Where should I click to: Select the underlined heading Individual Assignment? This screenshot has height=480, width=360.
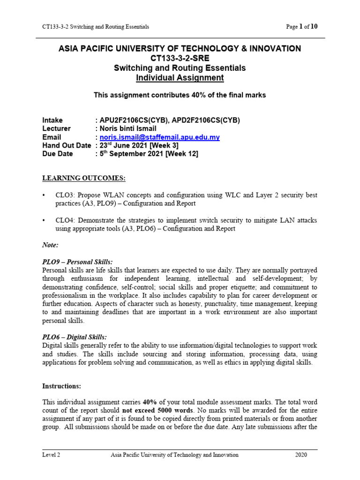tap(180, 78)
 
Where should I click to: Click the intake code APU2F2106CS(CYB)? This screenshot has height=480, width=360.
tap(132, 120)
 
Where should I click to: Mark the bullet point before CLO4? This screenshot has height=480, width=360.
tap(45, 220)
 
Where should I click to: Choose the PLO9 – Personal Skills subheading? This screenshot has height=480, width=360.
tap(77, 262)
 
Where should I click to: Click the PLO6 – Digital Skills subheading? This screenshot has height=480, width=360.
tap(75, 337)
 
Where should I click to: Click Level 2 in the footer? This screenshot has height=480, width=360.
tap(51, 455)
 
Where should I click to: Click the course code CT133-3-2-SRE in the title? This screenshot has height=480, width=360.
tap(180, 59)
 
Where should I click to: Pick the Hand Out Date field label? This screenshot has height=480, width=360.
tap(67, 146)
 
